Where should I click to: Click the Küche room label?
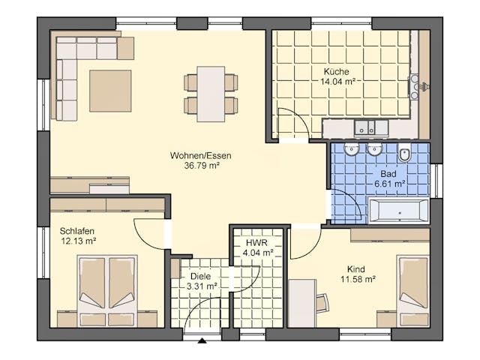point(336,71)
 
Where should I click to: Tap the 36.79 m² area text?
point(201,166)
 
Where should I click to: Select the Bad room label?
point(388,172)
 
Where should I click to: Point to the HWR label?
point(257,244)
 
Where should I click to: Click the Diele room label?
point(200,275)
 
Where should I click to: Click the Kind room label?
point(355,268)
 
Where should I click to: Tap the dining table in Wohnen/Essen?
point(211,94)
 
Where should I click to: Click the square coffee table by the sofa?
point(110,91)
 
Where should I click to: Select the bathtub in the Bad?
point(398,211)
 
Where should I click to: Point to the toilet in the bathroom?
point(405,154)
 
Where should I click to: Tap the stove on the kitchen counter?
point(413,86)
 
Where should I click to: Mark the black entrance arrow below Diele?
point(201,341)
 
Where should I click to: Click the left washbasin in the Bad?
point(352,151)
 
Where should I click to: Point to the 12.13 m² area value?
point(79,241)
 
